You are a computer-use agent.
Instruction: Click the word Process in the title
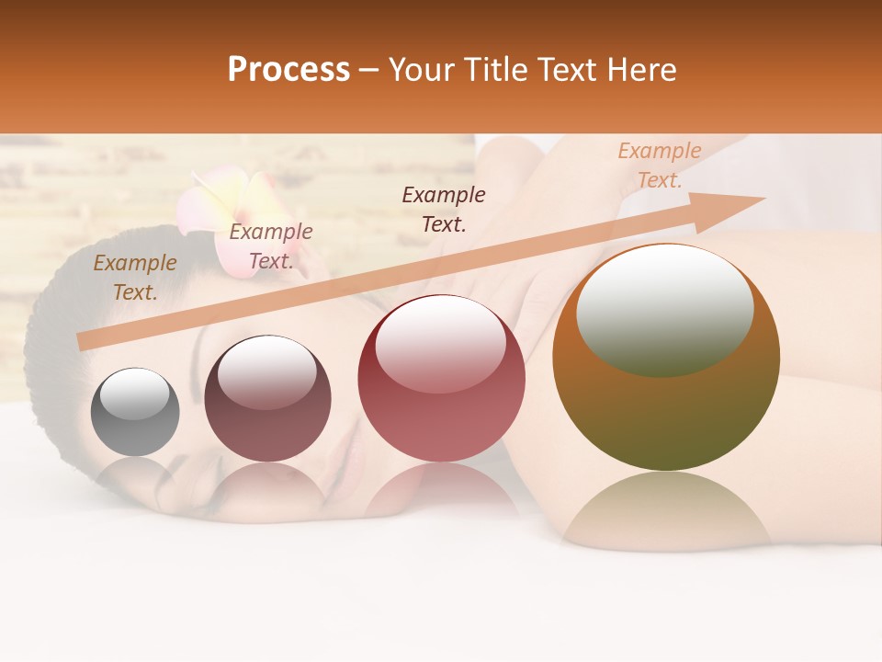288,71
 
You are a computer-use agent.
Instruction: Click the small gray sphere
135,412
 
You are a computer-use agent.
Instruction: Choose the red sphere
441,378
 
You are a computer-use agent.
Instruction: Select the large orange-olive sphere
666,358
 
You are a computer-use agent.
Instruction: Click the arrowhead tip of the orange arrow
762,199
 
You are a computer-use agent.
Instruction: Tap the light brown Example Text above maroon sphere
270,246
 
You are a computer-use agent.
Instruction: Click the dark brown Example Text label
444,209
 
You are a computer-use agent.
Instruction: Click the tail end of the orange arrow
83,342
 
